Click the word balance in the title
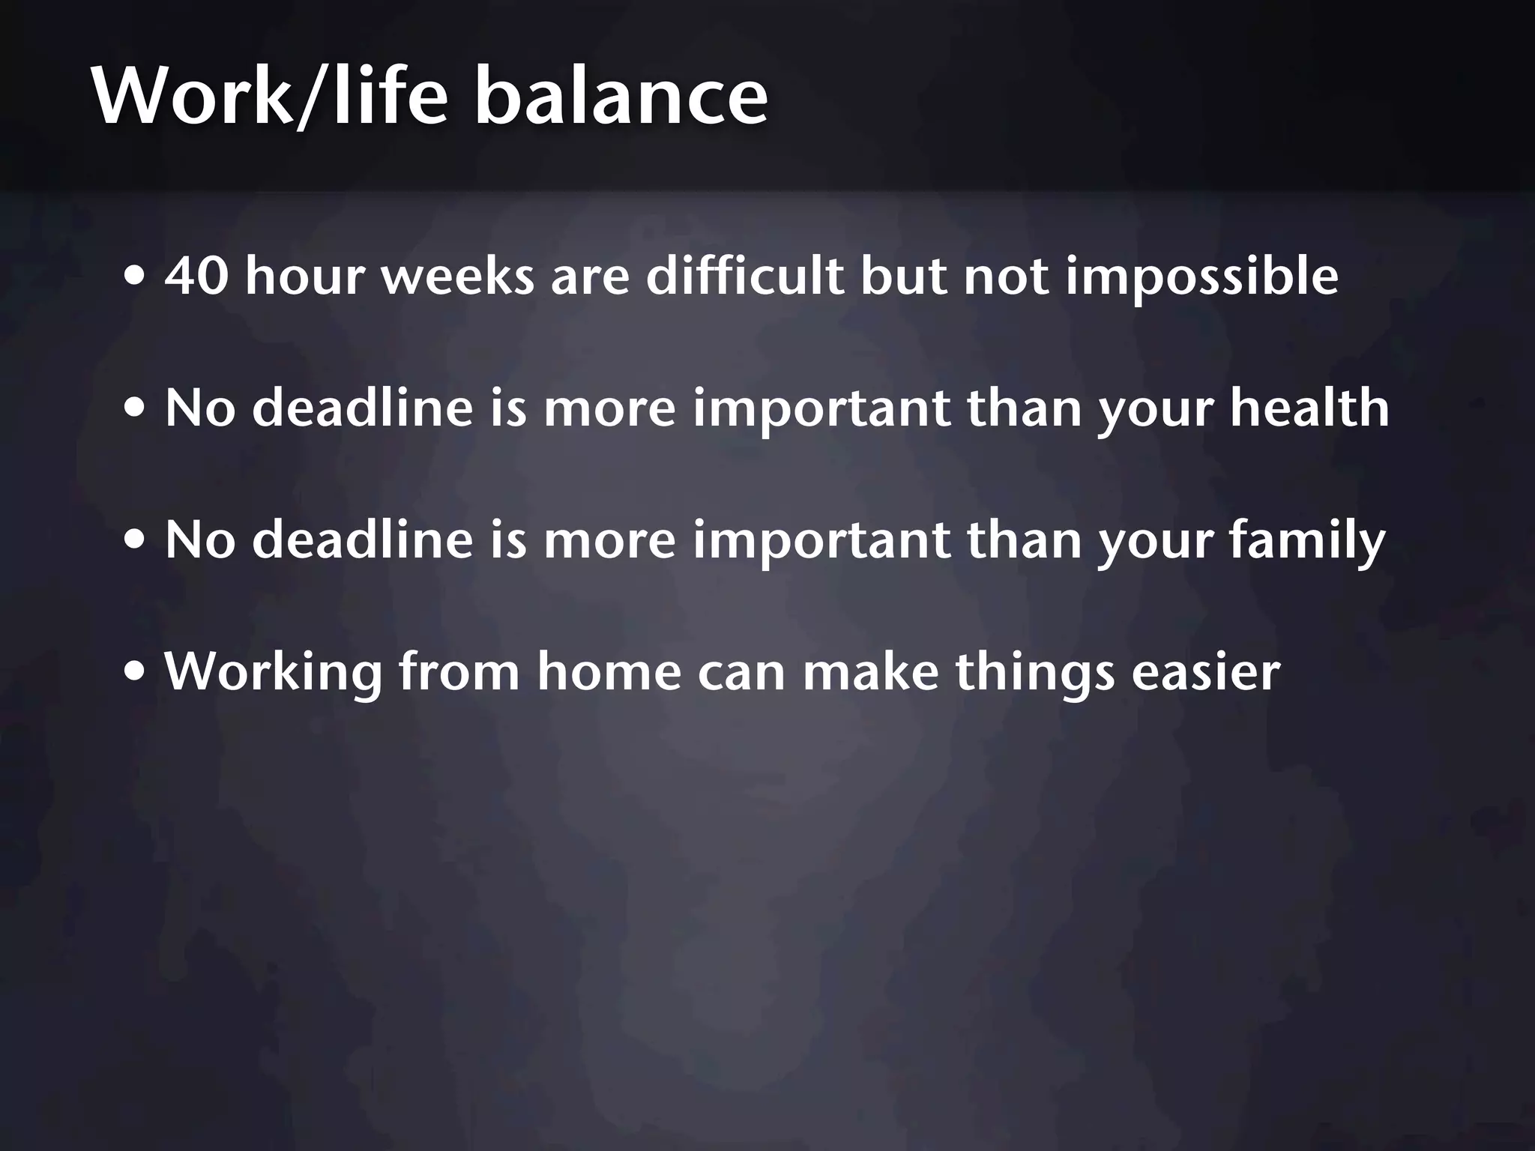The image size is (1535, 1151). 621,97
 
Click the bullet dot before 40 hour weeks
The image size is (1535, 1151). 136,278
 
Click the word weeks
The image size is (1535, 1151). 458,276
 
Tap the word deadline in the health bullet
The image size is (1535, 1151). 363,408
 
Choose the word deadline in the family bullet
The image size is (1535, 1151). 363,540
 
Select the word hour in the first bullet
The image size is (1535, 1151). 304,276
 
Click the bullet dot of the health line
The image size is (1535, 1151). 136,410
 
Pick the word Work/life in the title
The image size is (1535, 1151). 270,97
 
